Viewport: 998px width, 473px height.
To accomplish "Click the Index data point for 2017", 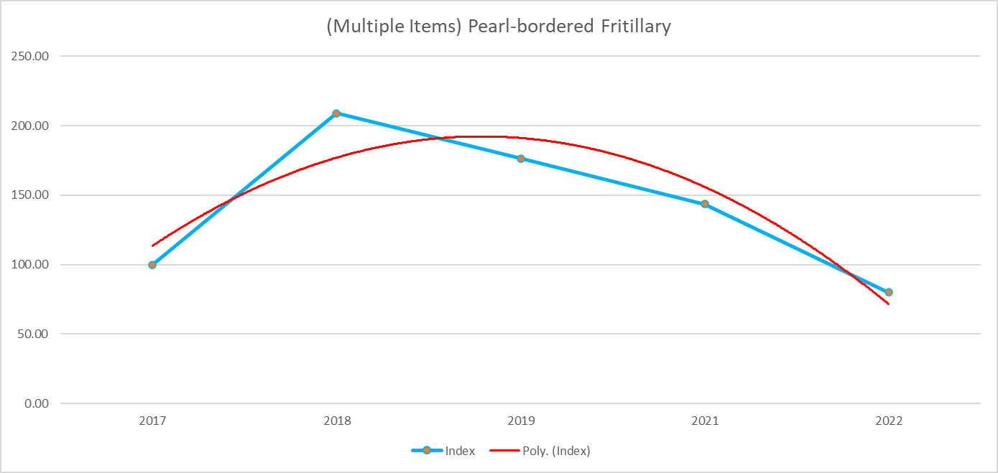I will tap(152, 265).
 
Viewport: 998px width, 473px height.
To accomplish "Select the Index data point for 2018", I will tap(336, 113).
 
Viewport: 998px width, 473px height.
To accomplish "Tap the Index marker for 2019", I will tap(521, 159).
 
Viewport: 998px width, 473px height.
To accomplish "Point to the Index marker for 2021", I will tap(705, 204).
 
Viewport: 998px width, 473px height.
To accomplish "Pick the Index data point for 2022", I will tap(889, 292).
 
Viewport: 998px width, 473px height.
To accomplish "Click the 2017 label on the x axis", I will tap(152, 422).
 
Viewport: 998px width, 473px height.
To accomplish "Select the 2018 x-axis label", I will tap(336, 422).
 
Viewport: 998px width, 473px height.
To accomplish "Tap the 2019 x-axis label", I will tap(521, 422).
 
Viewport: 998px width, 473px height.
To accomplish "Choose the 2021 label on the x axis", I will tap(705, 422).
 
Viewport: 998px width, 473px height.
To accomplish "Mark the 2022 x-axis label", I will tap(889, 422).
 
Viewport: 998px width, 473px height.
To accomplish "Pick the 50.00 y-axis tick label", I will tap(33, 334).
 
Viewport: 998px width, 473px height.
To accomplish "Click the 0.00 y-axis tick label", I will tap(36, 403).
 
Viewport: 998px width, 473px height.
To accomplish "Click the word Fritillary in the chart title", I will tap(633, 27).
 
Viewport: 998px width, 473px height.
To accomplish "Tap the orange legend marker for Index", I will tap(427, 451).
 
